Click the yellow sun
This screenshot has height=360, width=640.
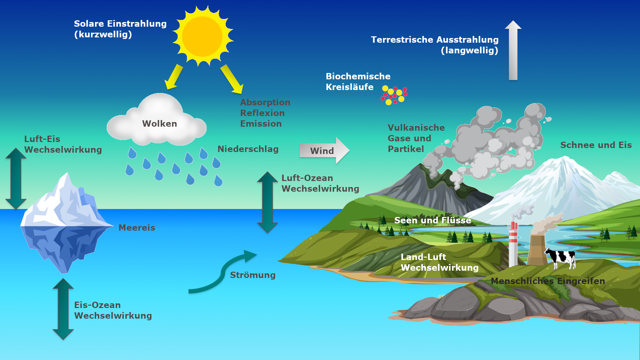(x=202, y=36)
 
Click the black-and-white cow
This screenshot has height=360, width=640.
(x=561, y=258)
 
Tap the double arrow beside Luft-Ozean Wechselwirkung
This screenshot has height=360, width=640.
(x=267, y=202)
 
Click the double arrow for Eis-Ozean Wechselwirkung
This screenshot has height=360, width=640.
(x=63, y=309)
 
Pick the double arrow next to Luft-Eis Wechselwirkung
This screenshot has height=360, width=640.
(x=16, y=178)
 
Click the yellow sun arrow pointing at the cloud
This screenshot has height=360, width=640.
(x=174, y=77)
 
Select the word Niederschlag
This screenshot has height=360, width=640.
(x=248, y=149)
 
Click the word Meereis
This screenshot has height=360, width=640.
(x=137, y=228)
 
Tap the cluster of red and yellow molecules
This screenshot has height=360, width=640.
(x=394, y=95)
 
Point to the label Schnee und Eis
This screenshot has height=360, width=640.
(x=596, y=145)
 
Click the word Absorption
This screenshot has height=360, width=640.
(x=265, y=102)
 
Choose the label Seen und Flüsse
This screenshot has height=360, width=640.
(x=432, y=220)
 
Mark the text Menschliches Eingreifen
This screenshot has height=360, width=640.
(x=548, y=281)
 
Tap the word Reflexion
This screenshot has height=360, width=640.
(x=262, y=113)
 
